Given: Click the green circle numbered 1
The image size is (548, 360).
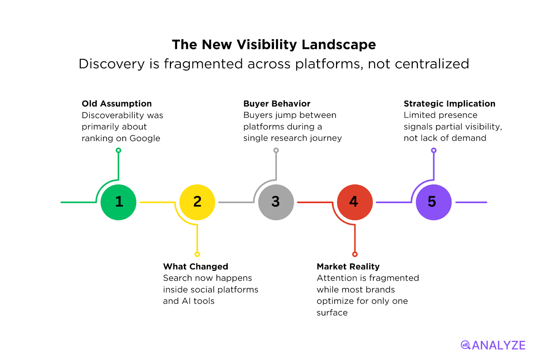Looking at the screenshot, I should (x=119, y=202).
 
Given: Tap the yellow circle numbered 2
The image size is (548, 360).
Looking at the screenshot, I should (x=197, y=202).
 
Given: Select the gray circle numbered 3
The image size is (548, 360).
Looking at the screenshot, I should (x=276, y=202).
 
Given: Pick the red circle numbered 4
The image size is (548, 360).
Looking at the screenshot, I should (x=355, y=202).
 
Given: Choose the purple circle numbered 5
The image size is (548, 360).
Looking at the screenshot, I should (x=434, y=202).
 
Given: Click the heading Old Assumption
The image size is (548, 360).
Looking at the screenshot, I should (x=116, y=103).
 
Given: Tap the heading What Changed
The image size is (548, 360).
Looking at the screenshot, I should (x=196, y=266).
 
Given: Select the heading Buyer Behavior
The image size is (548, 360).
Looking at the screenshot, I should (x=277, y=103).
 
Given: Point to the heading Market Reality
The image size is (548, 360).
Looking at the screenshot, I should (x=348, y=266).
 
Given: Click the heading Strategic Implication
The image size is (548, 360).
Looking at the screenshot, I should (x=449, y=103).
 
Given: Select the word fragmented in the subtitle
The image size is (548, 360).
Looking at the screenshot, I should (x=203, y=64).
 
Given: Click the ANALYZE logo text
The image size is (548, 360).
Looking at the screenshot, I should (x=498, y=345).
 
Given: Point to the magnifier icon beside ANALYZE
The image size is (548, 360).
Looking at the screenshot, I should (x=465, y=345).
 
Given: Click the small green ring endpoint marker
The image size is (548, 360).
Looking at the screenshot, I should (x=119, y=150).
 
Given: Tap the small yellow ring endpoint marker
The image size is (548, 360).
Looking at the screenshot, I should (x=197, y=254).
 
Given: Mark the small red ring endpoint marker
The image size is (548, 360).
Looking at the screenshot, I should (x=355, y=254).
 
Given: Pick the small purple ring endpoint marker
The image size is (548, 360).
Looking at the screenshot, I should (x=434, y=150).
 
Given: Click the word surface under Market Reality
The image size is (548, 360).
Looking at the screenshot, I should (x=332, y=313).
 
